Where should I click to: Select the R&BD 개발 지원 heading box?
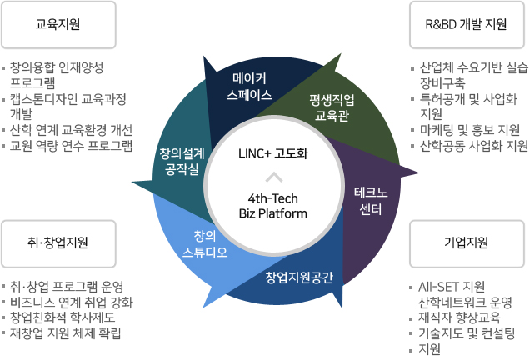tap(471, 25)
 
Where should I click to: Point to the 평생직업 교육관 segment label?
tap(331, 107)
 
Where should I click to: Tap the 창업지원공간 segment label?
tap(298, 277)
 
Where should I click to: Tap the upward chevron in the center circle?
tap(272, 177)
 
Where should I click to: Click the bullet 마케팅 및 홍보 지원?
tap(470, 129)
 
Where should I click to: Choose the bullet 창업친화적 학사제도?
tap(62, 317)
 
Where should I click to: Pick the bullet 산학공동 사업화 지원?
tap(474, 145)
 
